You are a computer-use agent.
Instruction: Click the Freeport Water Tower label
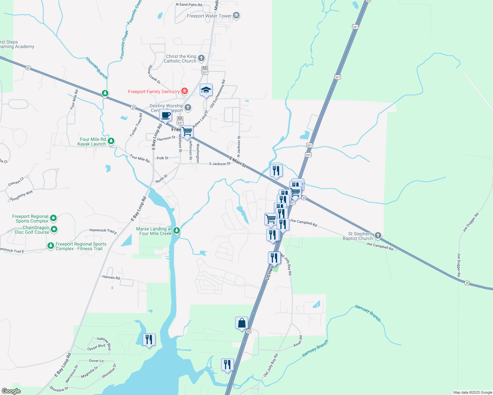click(x=209, y=16)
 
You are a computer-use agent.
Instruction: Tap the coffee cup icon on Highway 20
click(x=165, y=116)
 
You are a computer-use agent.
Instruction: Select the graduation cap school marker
click(x=206, y=90)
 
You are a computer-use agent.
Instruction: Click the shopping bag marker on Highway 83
click(x=242, y=323)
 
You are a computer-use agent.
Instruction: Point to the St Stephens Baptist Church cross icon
click(x=378, y=236)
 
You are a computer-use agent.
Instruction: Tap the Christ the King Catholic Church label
click(x=181, y=59)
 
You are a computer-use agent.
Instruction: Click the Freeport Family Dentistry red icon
click(x=185, y=91)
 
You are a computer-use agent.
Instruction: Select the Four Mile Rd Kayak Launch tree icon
click(x=111, y=141)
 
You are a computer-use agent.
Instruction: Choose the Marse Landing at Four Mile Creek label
click(x=154, y=231)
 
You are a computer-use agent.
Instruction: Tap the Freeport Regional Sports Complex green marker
click(x=53, y=218)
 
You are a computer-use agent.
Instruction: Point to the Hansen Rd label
click(x=111, y=277)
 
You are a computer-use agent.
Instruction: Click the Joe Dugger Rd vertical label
click(x=459, y=265)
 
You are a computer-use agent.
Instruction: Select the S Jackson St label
click(x=219, y=164)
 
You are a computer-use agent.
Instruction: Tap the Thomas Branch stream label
click(x=96, y=68)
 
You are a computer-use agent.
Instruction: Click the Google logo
click(x=11, y=391)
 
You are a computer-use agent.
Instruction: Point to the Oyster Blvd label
click(x=96, y=347)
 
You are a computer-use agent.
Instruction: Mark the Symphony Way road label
click(x=21, y=195)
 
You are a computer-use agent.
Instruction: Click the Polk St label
click(x=162, y=158)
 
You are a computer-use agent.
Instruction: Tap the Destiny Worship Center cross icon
click(x=188, y=107)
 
